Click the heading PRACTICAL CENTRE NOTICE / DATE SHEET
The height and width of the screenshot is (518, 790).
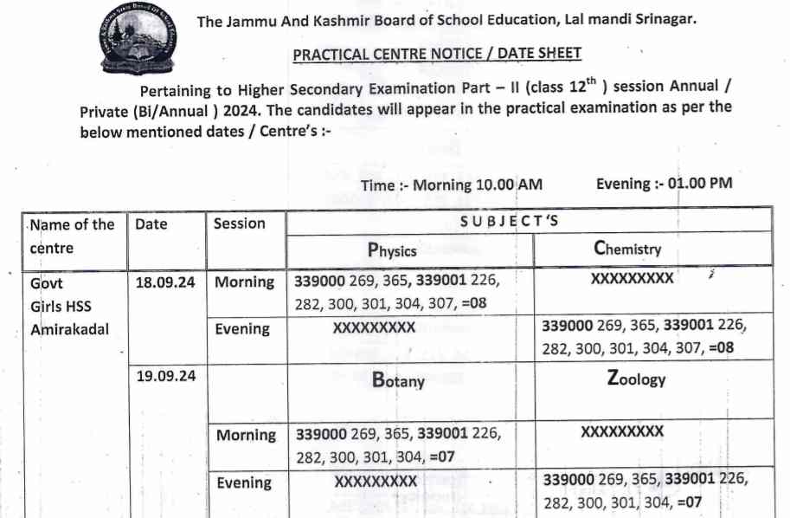click(x=437, y=54)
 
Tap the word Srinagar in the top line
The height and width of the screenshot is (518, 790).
click(x=663, y=20)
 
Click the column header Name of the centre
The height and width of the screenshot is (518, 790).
click(x=72, y=236)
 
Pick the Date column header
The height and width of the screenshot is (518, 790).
click(x=151, y=223)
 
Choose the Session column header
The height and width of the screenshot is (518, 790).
click(x=240, y=223)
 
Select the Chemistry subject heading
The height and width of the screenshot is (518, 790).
click(x=627, y=249)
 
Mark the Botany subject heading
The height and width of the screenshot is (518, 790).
click(x=398, y=379)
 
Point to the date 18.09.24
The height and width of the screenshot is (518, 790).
click(x=165, y=282)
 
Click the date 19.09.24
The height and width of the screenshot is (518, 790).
click(x=165, y=376)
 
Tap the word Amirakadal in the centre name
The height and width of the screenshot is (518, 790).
click(x=70, y=329)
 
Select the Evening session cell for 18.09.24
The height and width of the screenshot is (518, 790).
click(x=242, y=328)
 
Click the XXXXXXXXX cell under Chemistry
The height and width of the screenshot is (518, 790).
click(x=632, y=280)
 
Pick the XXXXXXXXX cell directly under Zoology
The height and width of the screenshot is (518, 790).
click(x=623, y=431)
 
